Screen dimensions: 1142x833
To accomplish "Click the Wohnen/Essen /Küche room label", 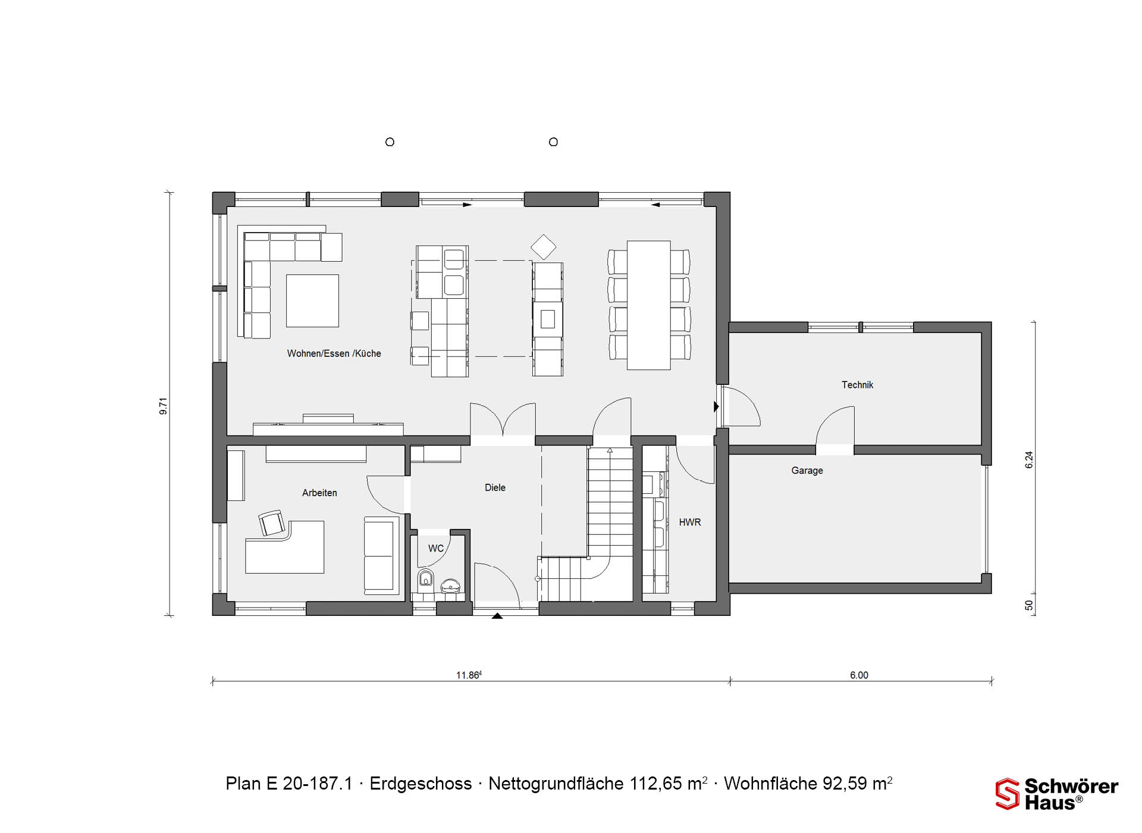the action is (334, 353).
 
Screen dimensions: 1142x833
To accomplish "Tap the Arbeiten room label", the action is (319, 493).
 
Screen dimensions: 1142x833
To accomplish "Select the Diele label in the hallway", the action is (495, 487).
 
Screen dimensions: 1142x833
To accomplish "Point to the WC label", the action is (436, 548).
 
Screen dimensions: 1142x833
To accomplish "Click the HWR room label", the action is (690, 522).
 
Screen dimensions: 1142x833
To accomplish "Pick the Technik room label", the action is (857, 385).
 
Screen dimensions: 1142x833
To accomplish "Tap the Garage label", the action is (807, 471).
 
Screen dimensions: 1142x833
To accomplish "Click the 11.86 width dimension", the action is (469, 675).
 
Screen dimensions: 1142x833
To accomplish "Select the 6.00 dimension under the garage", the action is (859, 675).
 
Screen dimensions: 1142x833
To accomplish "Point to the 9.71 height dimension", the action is (164, 406).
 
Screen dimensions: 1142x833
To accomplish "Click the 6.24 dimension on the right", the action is (1029, 460).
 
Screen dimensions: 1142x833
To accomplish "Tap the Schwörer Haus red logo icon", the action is (1008, 794).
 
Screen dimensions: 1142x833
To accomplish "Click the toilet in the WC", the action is (425, 578).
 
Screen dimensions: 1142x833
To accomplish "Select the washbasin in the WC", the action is (450, 586).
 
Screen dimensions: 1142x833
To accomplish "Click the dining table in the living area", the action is (649, 305).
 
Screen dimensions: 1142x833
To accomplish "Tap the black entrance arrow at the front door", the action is (497, 616).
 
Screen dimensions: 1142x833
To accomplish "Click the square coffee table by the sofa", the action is (312, 300).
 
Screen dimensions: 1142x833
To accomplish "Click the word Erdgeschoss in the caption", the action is (421, 784).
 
